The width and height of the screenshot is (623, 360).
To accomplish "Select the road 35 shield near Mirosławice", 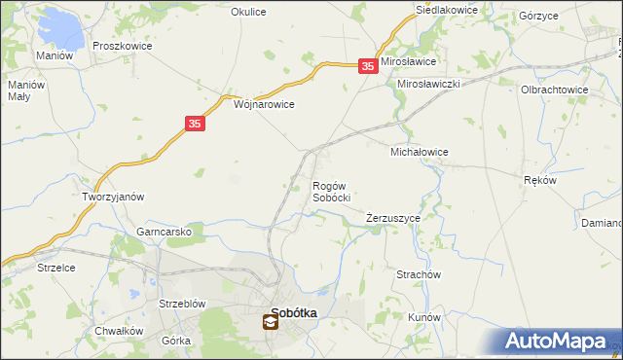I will pyautogui.click(x=367, y=66).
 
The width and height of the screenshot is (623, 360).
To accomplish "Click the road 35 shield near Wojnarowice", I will pyautogui.click(x=195, y=125).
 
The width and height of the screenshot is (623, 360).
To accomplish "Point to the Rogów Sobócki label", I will pyautogui.click(x=331, y=192).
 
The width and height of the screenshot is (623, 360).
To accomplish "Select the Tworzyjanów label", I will pyautogui.click(x=113, y=197).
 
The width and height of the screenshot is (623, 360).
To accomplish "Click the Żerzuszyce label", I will pyautogui.click(x=393, y=219).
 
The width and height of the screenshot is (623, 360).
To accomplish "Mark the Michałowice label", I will pyautogui.click(x=419, y=153).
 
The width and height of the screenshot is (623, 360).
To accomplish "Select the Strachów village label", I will pyautogui.click(x=420, y=275).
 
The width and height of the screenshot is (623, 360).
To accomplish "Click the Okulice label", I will pyautogui.click(x=248, y=12).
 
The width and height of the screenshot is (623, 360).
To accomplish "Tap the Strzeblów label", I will pyautogui.click(x=182, y=304).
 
